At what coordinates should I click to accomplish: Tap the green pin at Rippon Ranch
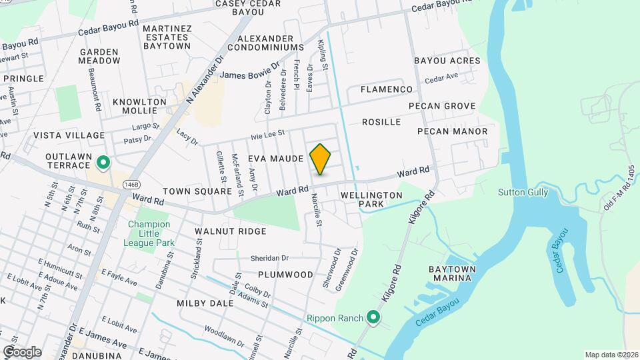tap(373, 317)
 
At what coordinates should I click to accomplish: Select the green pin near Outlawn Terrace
tap(103, 162)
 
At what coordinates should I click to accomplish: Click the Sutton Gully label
tap(523, 193)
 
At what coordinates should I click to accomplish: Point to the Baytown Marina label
tap(451, 273)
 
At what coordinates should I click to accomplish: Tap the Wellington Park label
tap(371, 199)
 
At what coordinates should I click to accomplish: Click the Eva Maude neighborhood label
tap(276, 159)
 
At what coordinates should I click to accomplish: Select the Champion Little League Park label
tap(150, 234)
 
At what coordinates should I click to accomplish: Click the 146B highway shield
tap(131, 183)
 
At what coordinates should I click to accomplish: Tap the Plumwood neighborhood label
tap(286, 275)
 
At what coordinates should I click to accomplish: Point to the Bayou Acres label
tap(447, 61)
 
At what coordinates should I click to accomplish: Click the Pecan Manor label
tap(452, 131)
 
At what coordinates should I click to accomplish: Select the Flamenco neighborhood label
tap(387, 89)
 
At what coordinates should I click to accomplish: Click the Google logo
tap(22, 351)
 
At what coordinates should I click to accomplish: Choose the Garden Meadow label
tap(99, 56)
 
